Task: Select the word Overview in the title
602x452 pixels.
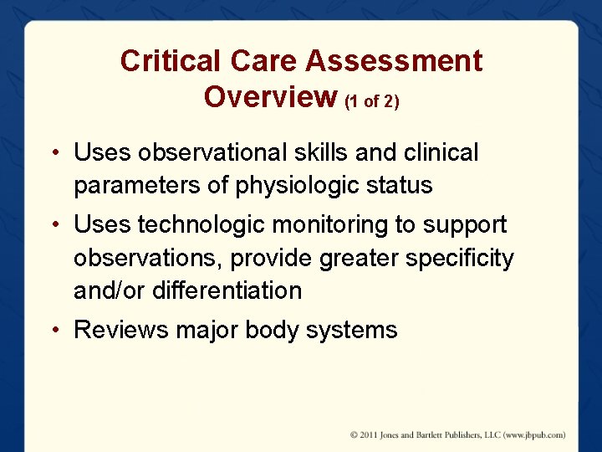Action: [270, 96]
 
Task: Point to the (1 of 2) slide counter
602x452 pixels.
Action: [372, 100]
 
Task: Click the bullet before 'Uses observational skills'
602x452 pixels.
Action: [53, 153]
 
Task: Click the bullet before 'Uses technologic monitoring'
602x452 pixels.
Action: [53, 225]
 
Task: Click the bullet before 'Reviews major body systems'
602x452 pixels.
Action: [53, 331]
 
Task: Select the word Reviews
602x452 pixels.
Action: [121, 330]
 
